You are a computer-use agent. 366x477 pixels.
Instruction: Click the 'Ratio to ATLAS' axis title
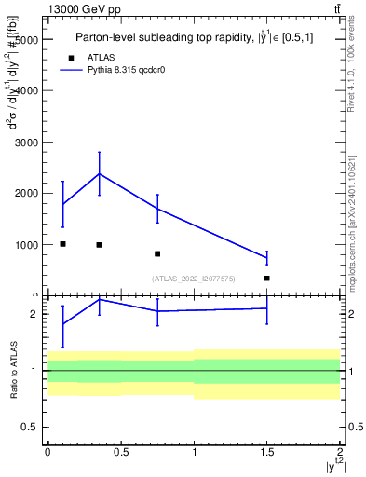(x=12, y=370)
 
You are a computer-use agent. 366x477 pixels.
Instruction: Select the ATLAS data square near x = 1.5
(x=266, y=278)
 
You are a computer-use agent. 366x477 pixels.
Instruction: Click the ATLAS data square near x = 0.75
(x=157, y=253)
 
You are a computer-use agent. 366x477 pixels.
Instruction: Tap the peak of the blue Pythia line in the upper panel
(x=99, y=173)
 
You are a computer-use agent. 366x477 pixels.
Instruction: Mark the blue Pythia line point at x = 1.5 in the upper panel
(x=266, y=257)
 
